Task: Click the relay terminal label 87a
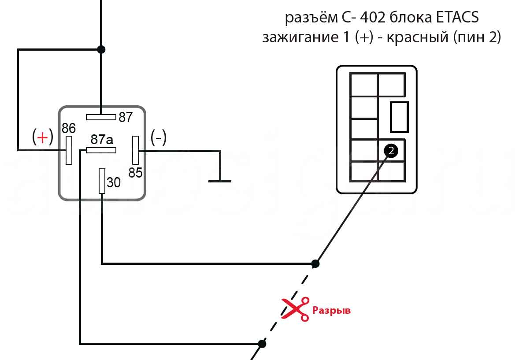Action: (x=102, y=140)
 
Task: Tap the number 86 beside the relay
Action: (x=69, y=128)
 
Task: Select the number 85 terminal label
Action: (x=136, y=173)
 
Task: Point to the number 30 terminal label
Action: (x=114, y=182)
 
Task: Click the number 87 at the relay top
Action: (x=126, y=118)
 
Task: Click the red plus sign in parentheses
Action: (x=42, y=137)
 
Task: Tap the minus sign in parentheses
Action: (x=159, y=137)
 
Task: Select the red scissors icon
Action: (x=295, y=308)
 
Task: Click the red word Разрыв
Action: (x=331, y=310)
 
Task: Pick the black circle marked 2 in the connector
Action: (x=391, y=151)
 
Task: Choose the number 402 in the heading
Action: (x=373, y=18)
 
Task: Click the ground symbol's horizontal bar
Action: (x=219, y=181)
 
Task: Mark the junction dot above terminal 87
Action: (x=101, y=49)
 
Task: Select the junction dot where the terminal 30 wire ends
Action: (x=315, y=264)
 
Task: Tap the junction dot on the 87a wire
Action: (x=262, y=343)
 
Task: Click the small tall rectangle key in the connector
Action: (x=400, y=117)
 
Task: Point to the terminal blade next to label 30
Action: (x=102, y=181)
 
